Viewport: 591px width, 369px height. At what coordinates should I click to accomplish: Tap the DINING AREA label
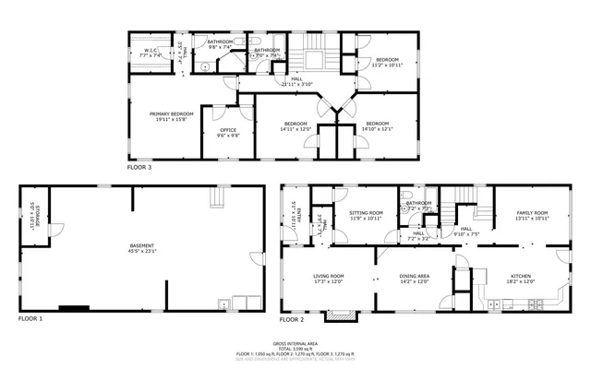pos(414,277)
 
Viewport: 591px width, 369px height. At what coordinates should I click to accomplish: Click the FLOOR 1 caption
pos(30,319)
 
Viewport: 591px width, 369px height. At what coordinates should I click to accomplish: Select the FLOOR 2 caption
pos(291,319)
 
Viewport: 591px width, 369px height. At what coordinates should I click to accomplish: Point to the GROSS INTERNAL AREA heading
pos(295,342)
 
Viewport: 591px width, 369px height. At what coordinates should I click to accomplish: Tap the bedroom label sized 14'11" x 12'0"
pos(295,125)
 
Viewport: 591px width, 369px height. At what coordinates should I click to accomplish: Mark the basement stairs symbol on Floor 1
pos(219,198)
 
